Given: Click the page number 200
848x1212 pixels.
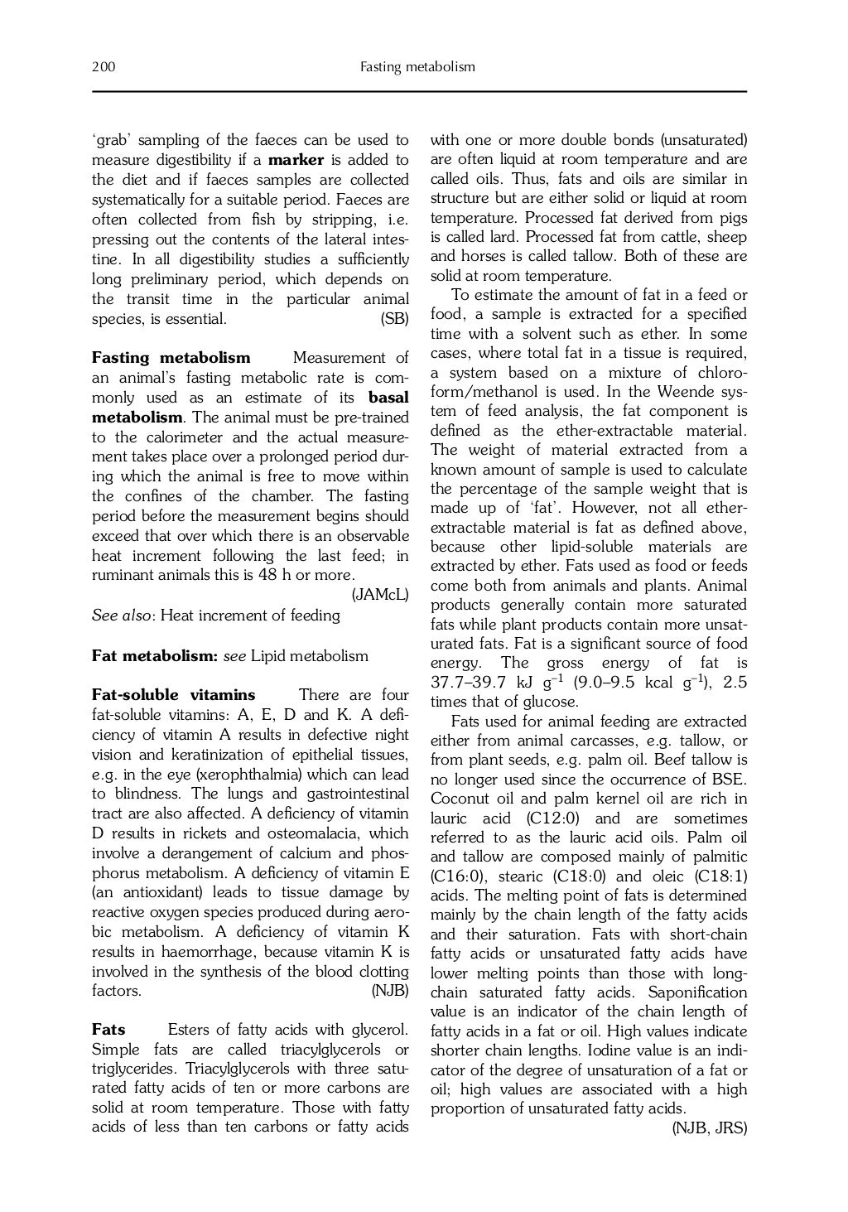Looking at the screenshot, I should [104, 66].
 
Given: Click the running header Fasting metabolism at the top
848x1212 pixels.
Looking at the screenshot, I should [417, 66].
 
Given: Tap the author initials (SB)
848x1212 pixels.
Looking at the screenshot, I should [394, 319].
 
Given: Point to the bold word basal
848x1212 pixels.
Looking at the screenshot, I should [388, 398].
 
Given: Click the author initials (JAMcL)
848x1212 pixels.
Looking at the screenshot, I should [380, 594].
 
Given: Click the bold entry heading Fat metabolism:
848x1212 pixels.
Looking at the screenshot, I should [154, 656].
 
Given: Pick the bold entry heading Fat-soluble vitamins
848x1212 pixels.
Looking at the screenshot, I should [173, 695].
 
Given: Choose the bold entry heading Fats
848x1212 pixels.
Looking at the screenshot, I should [108, 1030].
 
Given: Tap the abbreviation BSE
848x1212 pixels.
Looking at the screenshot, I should [729, 780].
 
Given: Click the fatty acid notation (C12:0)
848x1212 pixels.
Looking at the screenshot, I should [556, 818].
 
